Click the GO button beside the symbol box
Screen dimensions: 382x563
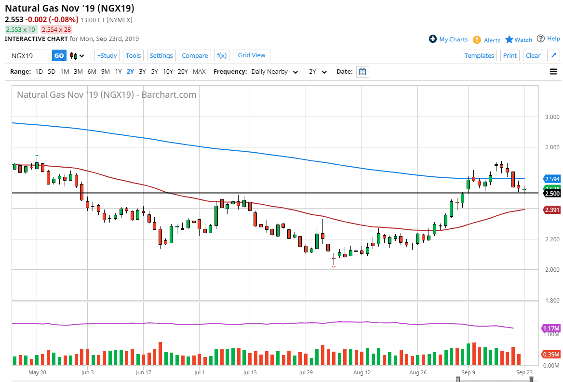[x=59, y=55]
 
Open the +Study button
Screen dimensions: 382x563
[x=107, y=55]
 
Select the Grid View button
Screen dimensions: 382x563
[x=252, y=55]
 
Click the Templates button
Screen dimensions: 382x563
[x=479, y=55]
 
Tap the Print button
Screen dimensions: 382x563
[x=509, y=55]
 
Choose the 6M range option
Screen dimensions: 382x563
[x=92, y=72]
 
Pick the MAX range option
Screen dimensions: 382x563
[x=199, y=72]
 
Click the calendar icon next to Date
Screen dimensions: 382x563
[x=363, y=72]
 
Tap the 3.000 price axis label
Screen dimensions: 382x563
[x=552, y=117]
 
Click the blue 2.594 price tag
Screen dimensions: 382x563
[x=551, y=179]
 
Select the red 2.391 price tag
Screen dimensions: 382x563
[x=551, y=210]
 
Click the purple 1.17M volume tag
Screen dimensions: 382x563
[x=551, y=328]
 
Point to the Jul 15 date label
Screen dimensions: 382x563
[x=249, y=372]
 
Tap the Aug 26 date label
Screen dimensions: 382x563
[x=418, y=372]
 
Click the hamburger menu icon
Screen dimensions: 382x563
[x=553, y=72]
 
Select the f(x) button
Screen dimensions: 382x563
[x=222, y=55]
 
